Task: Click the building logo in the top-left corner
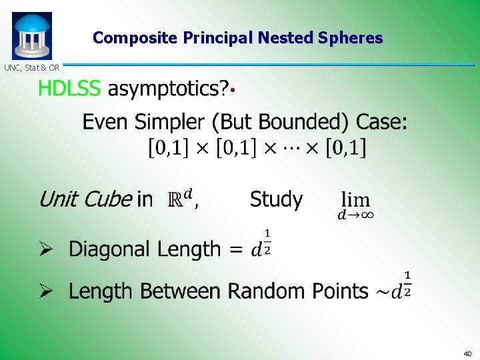[x=31, y=36]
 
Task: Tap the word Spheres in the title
[x=351, y=38]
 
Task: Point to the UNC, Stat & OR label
[x=32, y=67]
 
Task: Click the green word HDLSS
[x=69, y=89]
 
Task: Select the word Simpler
[x=172, y=122]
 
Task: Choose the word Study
[x=276, y=199]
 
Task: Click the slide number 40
[x=466, y=353]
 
